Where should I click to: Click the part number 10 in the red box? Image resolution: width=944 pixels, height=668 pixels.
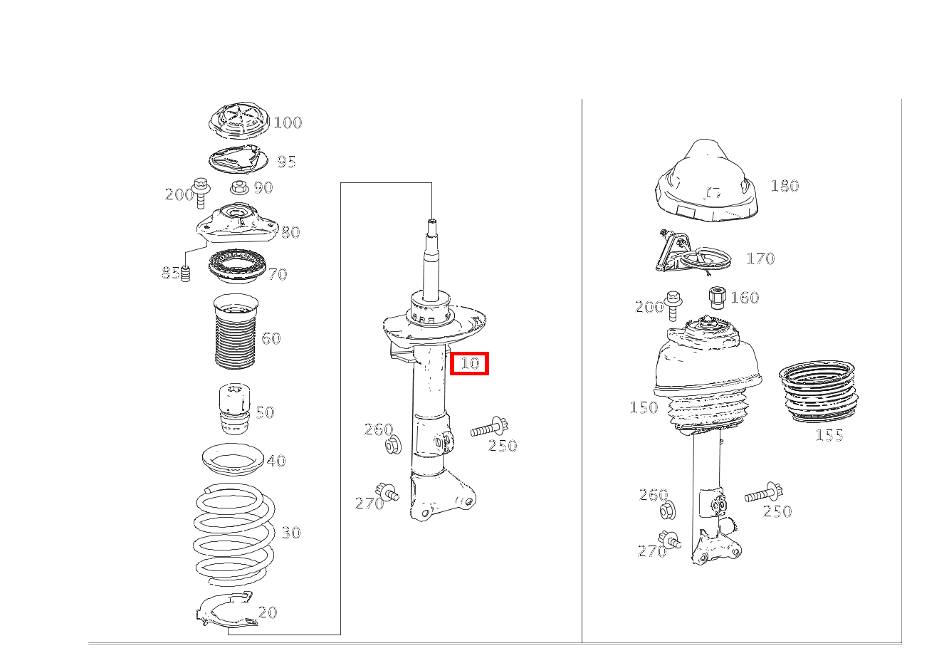[x=470, y=363]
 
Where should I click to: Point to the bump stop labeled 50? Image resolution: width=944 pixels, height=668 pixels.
[x=235, y=409]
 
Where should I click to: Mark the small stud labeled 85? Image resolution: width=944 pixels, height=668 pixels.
[x=185, y=274]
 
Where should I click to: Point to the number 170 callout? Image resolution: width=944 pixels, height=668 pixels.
[x=760, y=259]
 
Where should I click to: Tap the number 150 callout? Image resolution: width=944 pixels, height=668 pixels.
[x=644, y=407]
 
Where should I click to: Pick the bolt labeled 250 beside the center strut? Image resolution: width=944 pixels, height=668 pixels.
[x=490, y=428]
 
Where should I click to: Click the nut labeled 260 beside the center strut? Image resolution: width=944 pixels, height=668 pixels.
[x=393, y=445]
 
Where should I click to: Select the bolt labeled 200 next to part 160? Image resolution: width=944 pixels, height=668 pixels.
[x=673, y=306]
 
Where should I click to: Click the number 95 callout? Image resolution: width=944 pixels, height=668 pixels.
[x=287, y=162]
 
